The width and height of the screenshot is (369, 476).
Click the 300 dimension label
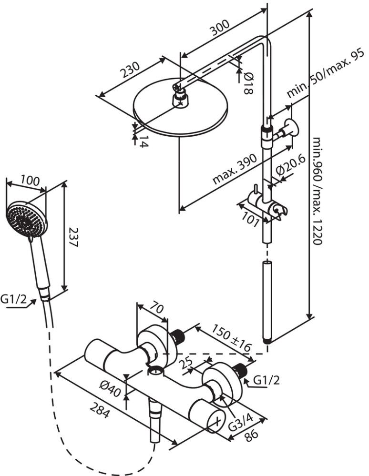(x=219, y=28)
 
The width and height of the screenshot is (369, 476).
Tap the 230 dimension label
(x=130, y=70)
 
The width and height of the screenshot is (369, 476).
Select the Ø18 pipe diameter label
(x=248, y=82)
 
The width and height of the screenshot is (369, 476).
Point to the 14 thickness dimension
(x=143, y=142)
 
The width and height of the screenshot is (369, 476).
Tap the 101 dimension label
(x=251, y=219)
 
